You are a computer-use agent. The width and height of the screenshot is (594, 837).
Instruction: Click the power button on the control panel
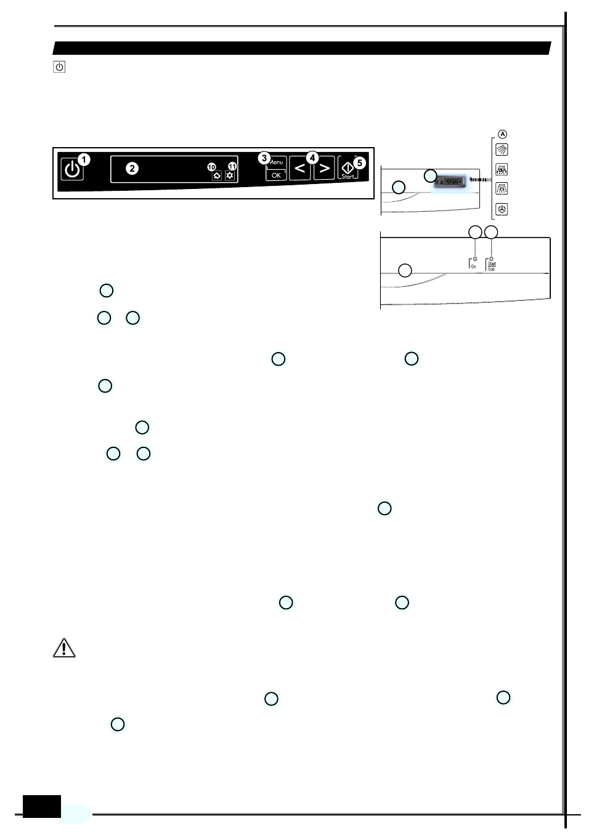[x=71, y=169]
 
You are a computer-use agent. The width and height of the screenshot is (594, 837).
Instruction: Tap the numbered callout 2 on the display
[x=132, y=169]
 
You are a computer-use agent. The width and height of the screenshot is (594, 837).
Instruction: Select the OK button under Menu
[x=276, y=175]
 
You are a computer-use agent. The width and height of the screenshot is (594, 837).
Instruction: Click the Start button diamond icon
[x=348, y=167]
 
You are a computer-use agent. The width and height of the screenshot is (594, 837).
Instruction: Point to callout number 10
[x=211, y=167]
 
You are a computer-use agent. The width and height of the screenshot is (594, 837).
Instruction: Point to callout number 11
[x=232, y=166]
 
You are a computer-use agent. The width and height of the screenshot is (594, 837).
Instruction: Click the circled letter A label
[x=503, y=134]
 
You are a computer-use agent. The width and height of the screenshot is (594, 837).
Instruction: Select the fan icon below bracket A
[x=502, y=209]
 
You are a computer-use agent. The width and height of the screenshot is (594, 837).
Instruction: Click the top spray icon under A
[x=502, y=150]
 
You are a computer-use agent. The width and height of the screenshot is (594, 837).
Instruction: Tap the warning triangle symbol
[x=64, y=648]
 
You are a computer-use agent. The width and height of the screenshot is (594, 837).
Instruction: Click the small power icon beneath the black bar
[x=59, y=66]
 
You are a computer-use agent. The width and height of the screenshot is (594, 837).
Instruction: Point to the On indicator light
[x=474, y=259]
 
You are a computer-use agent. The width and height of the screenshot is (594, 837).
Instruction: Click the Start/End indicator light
[x=491, y=259]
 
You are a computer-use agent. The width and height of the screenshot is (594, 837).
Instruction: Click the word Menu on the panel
[x=277, y=162]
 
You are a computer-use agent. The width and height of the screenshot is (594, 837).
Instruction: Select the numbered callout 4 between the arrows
[x=312, y=158]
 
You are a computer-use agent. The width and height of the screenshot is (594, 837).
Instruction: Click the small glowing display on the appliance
[x=450, y=182]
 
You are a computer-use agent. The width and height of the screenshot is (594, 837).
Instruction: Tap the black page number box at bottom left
[x=42, y=806]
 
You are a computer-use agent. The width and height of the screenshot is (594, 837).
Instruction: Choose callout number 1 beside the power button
[x=84, y=160]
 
